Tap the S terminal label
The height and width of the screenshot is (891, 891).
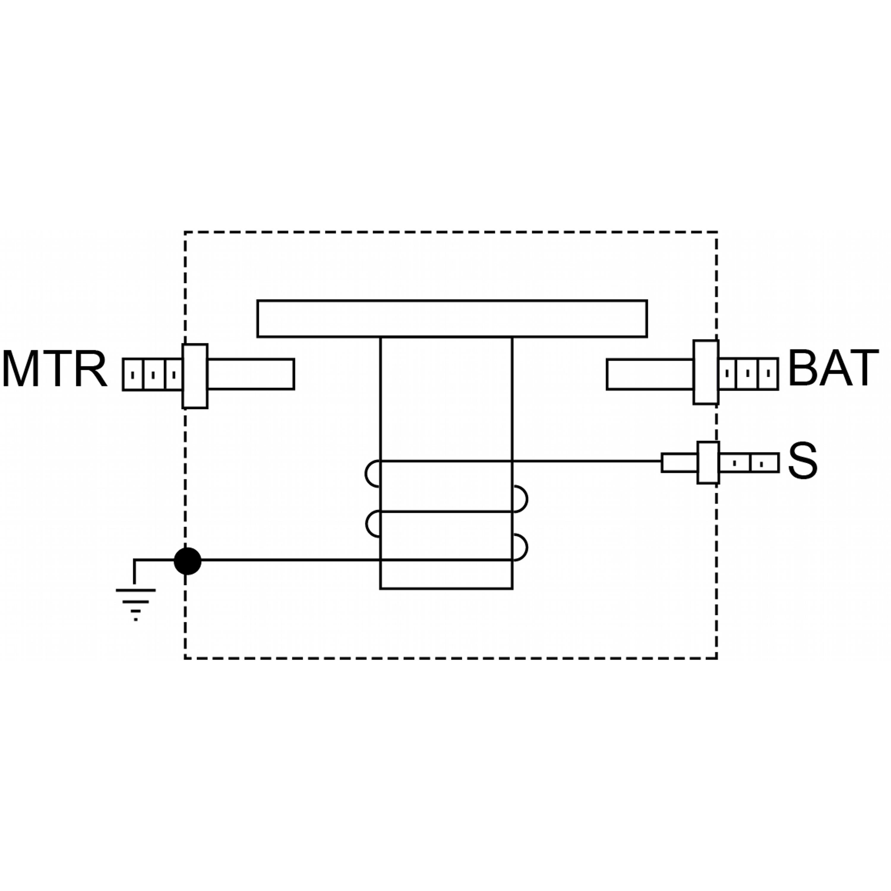[x=802, y=462]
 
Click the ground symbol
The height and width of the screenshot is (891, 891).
[x=136, y=601]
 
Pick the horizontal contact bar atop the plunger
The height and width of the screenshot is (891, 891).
[x=452, y=319]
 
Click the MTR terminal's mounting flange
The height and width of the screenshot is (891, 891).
[x=195, y=376]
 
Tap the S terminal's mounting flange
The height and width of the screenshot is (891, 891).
[x=708, y=462]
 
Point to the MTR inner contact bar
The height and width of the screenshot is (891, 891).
[x=250, y=374]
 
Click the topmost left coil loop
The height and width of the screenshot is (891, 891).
[x=372, y=474]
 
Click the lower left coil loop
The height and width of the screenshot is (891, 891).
[x=372, y=524]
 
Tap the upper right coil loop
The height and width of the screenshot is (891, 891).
[x=520, y=499]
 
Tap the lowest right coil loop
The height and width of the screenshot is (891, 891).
[x=520, y=547]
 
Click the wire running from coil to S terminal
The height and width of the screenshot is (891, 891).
[x=586, y=461]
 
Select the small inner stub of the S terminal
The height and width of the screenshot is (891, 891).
[x=679, y=462]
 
